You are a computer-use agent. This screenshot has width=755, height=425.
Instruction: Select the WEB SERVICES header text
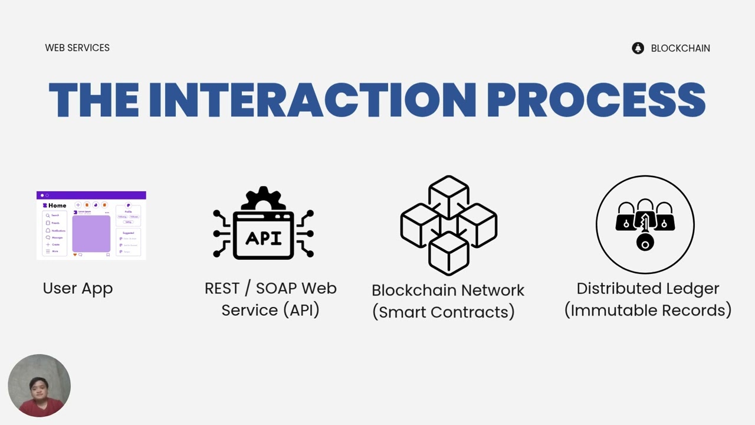[77, 48]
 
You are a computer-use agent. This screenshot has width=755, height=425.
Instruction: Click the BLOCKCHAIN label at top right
[680, 48]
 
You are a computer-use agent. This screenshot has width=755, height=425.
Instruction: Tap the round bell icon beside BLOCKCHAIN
[638, 48]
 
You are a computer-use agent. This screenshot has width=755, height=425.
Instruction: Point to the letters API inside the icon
[263, 238]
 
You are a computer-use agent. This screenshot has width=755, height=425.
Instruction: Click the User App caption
[77, 288]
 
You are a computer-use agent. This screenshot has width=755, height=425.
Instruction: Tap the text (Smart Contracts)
[443, 312]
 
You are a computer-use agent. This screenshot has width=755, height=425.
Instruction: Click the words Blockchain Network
[448, 290]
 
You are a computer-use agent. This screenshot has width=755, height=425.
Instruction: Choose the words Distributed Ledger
[648, 288]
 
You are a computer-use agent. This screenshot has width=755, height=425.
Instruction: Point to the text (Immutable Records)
[648, 310]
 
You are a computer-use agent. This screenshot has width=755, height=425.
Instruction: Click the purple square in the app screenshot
[91, 233]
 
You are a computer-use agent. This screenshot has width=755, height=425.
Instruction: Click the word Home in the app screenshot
[57, 205]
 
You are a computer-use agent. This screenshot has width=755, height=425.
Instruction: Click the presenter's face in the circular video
[39, 387]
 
